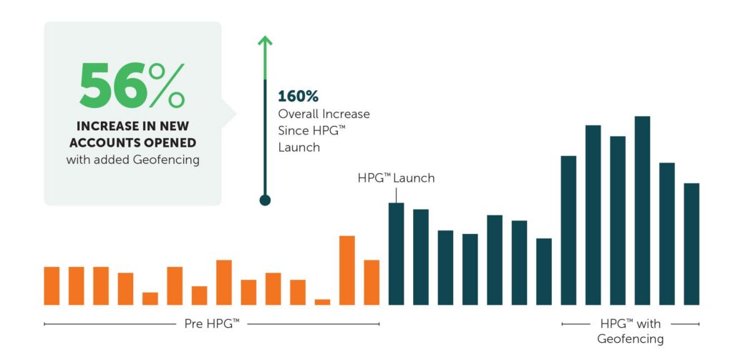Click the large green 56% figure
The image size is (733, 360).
click(132, 85)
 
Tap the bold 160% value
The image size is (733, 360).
click(298, 97)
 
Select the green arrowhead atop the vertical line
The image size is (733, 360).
click(265, 41)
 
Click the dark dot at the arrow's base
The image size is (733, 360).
click(265, 200)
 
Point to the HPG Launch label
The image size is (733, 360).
click(396, 178)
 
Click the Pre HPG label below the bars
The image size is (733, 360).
click(212, 324)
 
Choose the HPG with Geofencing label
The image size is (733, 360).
click(630, 331)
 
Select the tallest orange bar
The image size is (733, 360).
click(347, 271)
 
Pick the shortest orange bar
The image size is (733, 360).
click(323, 302)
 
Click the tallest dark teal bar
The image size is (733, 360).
click(642, 211)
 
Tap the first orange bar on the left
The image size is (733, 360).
click(52, 286)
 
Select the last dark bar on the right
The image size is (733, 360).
click(691, 244)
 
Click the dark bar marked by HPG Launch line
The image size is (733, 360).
click(397, 254)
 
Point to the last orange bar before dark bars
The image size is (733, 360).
click(372, 283)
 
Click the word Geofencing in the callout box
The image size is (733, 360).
click(166, 160)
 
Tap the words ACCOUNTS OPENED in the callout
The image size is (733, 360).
click(132, 143)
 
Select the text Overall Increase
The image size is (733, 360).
click(324, 114)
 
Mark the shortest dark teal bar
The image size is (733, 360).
click(544, 272)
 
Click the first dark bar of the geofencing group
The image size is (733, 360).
click(568, 230)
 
